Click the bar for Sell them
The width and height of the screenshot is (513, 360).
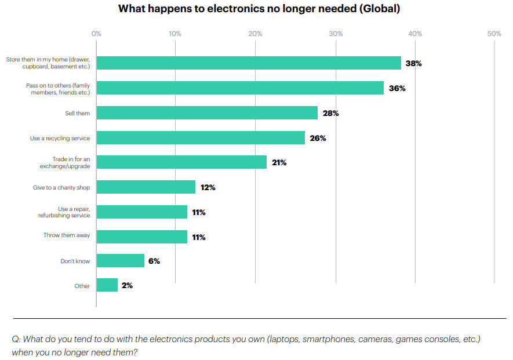coord(207,113)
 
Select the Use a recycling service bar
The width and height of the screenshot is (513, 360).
coord(201,138)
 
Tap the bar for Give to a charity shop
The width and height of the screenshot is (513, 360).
coord(146,187)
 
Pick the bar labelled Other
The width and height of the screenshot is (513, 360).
coord(107,285)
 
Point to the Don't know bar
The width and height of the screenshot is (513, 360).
coord(121,261)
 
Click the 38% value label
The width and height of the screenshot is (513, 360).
coord(413,63)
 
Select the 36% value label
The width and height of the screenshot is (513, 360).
coord(397,88)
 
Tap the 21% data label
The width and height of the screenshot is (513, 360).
coord(279,162)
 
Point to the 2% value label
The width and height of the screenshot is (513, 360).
coord(127,285)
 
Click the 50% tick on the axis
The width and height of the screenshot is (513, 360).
coord(494,34)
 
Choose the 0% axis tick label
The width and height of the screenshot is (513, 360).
coord(96,34)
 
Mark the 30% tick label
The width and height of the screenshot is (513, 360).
coord(336,34)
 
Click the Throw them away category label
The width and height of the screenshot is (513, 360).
coord(67,235)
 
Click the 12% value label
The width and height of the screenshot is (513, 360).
coord(208,187)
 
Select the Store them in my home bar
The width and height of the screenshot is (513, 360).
coord(249,63)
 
